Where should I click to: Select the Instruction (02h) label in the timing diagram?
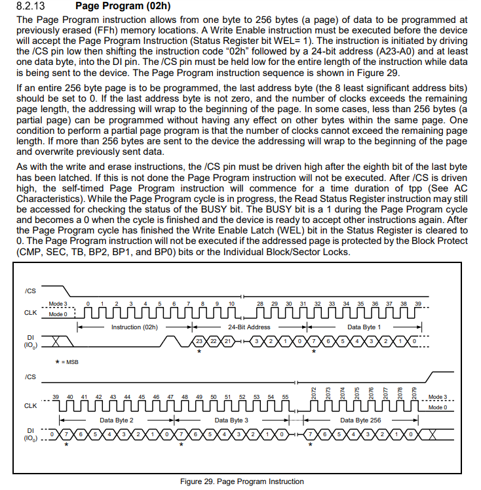click(x=134, y=327)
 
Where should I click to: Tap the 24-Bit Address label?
click(x=249, y=327)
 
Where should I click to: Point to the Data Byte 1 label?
click(x=364, y=327)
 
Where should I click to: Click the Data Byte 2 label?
click(x=117, y=420)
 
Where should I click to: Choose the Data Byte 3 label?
click(x=231, y=420)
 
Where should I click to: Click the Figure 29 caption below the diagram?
click(x=242, y=481)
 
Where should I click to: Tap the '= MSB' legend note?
click(x=67, y=361)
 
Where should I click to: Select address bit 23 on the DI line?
click(x=200, y=342)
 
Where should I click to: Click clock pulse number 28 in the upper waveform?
click(x=260, y=304)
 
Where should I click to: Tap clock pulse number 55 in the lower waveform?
click(x=285, y=397)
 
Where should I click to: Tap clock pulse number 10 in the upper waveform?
click(x=231, y=304)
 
